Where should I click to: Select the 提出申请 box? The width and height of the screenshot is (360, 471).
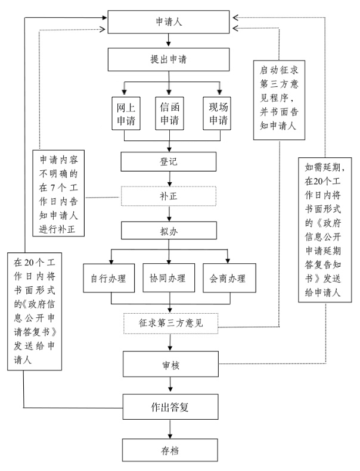coord(170,60)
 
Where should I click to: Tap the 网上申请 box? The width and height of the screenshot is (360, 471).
coord(125,113)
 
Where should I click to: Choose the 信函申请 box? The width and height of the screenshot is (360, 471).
coord(170,113)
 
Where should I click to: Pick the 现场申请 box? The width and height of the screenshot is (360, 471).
coord(216,113)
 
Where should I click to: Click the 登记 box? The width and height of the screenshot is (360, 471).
coord(170,161)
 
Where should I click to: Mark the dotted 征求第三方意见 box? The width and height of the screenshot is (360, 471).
coord(170,323)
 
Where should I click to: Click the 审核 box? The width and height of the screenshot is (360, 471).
coord(170,363)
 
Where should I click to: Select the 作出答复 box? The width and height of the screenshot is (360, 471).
coord(170,407)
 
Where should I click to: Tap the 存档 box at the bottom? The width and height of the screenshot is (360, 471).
coord(170,451)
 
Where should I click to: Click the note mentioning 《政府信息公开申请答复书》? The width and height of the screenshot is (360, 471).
coord(33,310)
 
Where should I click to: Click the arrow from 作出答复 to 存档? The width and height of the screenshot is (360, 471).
coord(170,430)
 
